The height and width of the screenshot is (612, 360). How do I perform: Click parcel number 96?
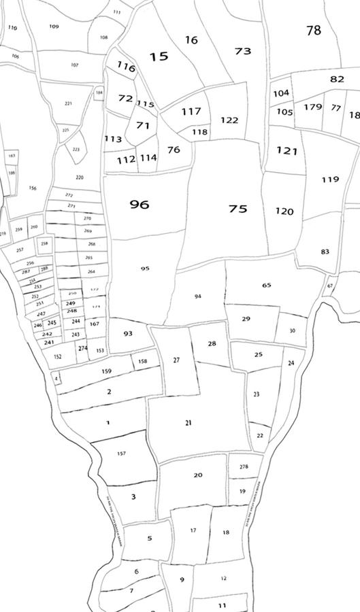tap(140, 205)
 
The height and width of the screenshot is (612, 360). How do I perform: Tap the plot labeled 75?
tap(238, 209)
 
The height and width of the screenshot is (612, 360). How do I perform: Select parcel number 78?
tap(313, 31)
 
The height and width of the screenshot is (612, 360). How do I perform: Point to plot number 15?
tap(159, 56)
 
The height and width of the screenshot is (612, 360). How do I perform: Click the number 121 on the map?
tap(287, 151)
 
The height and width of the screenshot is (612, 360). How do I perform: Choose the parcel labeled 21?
tap(189, 423)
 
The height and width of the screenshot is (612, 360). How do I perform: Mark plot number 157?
tap(121, 454)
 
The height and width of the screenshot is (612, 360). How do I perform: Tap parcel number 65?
tap(266, 285)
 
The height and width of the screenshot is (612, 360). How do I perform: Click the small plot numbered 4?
tap(56, 377)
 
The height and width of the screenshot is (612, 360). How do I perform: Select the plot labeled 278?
tap(244, 466)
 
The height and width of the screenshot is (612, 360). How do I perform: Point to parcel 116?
tap(126, 67)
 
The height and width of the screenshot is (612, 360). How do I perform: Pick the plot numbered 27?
tap(177, 360)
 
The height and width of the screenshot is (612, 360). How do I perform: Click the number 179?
tap(312, 107)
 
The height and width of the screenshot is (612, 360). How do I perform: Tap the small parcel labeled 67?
tap(330, 286)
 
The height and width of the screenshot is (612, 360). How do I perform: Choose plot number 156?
tap(33, 188)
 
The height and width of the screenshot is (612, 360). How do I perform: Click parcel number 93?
tap(128, 334)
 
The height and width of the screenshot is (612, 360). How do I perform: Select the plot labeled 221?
tap(68, 103)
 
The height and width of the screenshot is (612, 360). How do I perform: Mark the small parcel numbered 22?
tap(260, 435)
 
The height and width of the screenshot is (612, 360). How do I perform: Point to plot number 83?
tap(325, 252)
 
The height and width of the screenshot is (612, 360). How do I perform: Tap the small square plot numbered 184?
tap(99, 92)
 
